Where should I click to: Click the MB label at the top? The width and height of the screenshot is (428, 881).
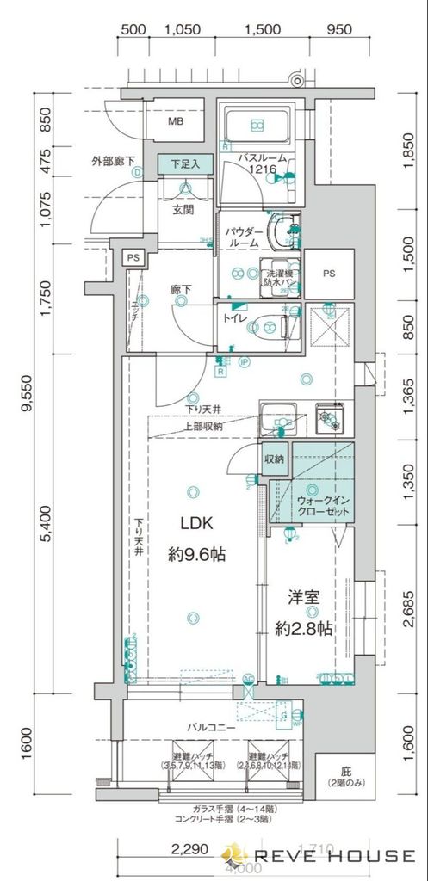[175, 122]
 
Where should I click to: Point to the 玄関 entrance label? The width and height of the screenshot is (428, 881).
[183, 209]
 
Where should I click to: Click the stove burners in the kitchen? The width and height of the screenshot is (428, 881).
[331, 422]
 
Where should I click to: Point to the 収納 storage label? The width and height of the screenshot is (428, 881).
[275, 459]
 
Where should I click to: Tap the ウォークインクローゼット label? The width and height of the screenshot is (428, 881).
[323, 505]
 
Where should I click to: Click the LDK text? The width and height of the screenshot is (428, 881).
[195, 524]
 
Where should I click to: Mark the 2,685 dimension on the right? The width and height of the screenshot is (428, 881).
[411, 606]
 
